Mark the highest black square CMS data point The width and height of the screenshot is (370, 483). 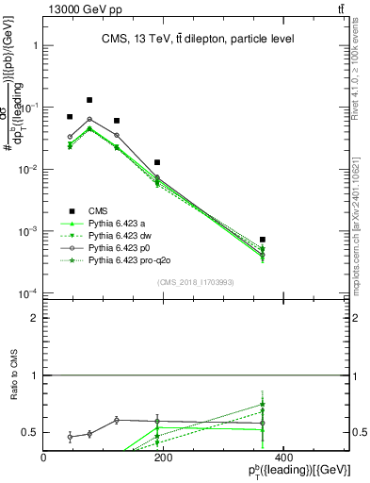(89, 100)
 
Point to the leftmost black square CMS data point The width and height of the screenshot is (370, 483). (70, 117)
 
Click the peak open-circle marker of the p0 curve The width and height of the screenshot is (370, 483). (89, 120)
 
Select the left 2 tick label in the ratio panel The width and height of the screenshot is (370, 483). (35, 319)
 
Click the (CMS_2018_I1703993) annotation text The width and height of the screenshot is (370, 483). (196, 282)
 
